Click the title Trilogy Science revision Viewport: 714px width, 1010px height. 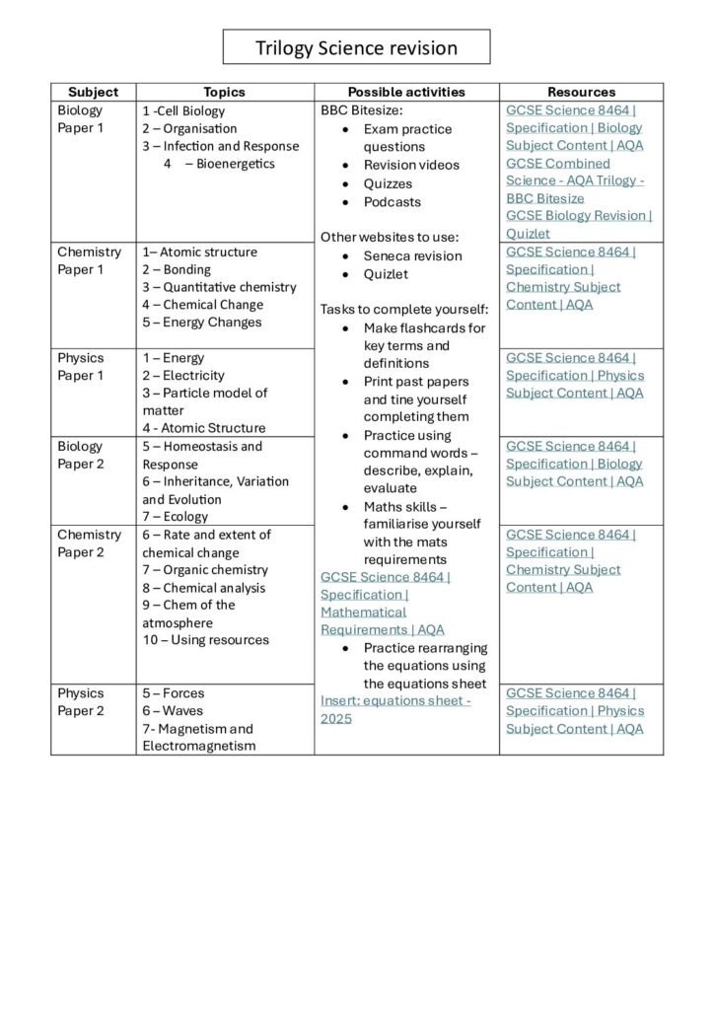356,47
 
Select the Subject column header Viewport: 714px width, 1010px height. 93,92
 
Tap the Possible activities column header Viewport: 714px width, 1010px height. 406,92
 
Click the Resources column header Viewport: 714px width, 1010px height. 581,92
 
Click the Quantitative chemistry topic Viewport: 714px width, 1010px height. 219,287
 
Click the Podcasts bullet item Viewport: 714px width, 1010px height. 392,202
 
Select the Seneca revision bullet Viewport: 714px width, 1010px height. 412,256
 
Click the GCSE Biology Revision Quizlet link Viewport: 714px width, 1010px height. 579,225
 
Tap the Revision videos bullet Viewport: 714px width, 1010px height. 411,166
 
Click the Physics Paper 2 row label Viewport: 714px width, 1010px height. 80,702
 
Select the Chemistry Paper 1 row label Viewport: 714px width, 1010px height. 89,260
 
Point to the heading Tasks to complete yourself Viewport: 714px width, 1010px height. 404,310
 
